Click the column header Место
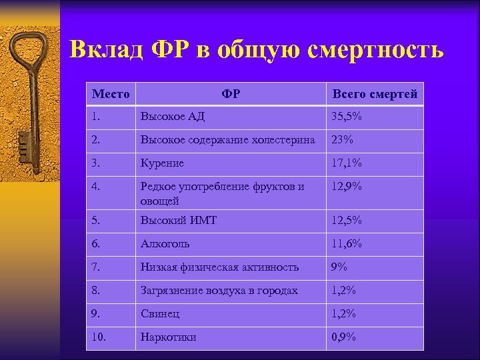[x=110, y=94]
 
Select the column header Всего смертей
[x=375, y=94]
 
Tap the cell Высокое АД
[x=172, y=117]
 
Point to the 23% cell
[x=343, y=140]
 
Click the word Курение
[x=162, y=163]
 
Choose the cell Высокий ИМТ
[x=178, y=221]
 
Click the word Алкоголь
[x=165, y=244]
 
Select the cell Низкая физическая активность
[x=219, y=267]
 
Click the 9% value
[x=340, y=267]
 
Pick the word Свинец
[x=160, y=313]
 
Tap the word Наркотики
[x=168, y=337]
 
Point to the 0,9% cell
[x=345, y=337]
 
